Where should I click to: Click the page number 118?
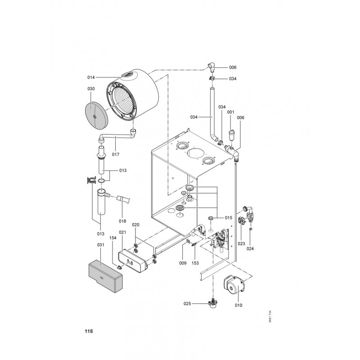click(89, 331)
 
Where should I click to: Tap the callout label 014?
click(91, 77)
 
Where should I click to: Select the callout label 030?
click(91, 89)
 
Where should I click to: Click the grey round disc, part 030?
click(96, 116)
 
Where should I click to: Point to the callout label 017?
click(116, 154)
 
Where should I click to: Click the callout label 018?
click(122, 221)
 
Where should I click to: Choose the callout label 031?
click(100, 245)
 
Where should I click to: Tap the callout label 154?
click(113, 238)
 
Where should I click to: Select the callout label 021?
click(122, 232)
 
